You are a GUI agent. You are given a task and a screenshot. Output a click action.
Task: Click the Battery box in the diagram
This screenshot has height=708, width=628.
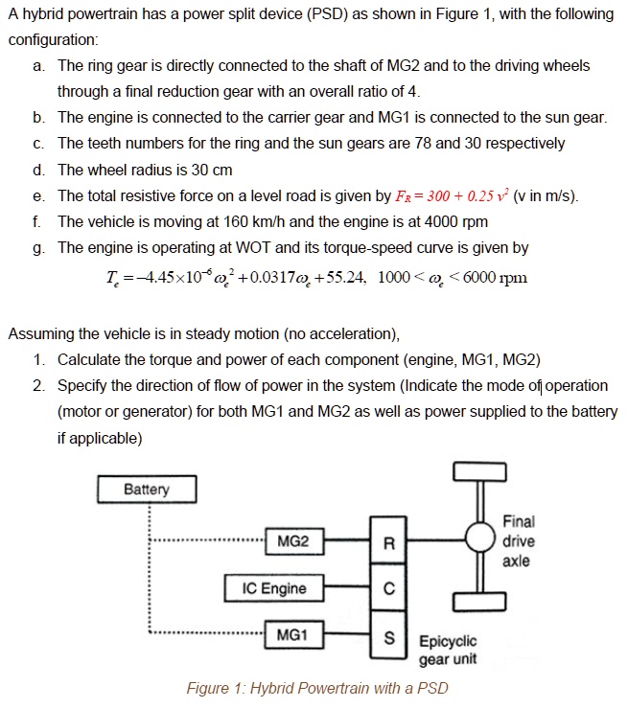point(146,490)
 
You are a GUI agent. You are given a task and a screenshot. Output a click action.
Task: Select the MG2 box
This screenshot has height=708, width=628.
point(292,541)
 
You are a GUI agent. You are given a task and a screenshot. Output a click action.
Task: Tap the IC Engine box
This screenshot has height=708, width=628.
point(274,588)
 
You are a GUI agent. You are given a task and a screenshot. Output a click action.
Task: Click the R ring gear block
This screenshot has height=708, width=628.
point(388,542)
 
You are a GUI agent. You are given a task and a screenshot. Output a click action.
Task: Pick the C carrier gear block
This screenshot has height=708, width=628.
point(388,589)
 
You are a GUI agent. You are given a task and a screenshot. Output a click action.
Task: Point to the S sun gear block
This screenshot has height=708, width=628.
point(388,635)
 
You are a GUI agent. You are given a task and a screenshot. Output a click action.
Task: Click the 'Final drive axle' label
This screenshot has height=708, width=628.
point(519,541)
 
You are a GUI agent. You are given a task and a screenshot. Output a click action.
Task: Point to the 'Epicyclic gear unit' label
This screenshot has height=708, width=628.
point(448,650)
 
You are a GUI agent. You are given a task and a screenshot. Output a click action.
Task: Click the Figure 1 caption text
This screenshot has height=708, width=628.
point(317,688)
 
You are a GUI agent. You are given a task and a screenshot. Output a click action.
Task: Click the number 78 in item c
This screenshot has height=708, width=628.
point(402,144)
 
